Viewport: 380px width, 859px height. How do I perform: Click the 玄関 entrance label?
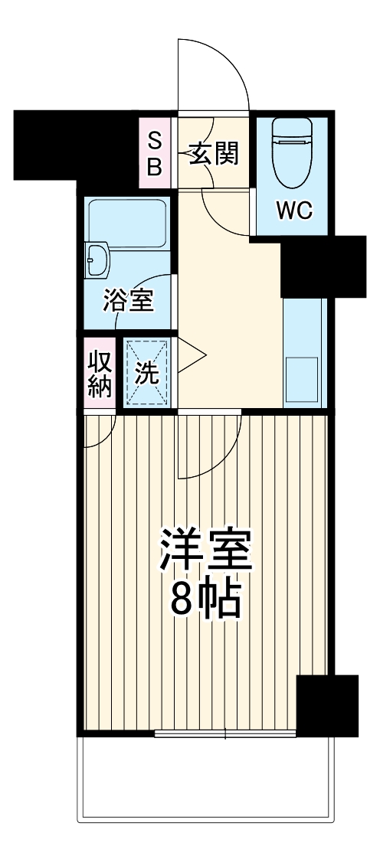click(x=215, y=155)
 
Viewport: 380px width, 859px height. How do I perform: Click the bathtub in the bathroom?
click(x=128, y=223)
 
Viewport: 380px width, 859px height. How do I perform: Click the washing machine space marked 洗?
click(x=147, y=373)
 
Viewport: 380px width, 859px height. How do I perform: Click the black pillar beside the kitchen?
click(x=323, y=267)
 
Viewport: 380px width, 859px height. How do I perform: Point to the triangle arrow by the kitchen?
click(x=192, y=358)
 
